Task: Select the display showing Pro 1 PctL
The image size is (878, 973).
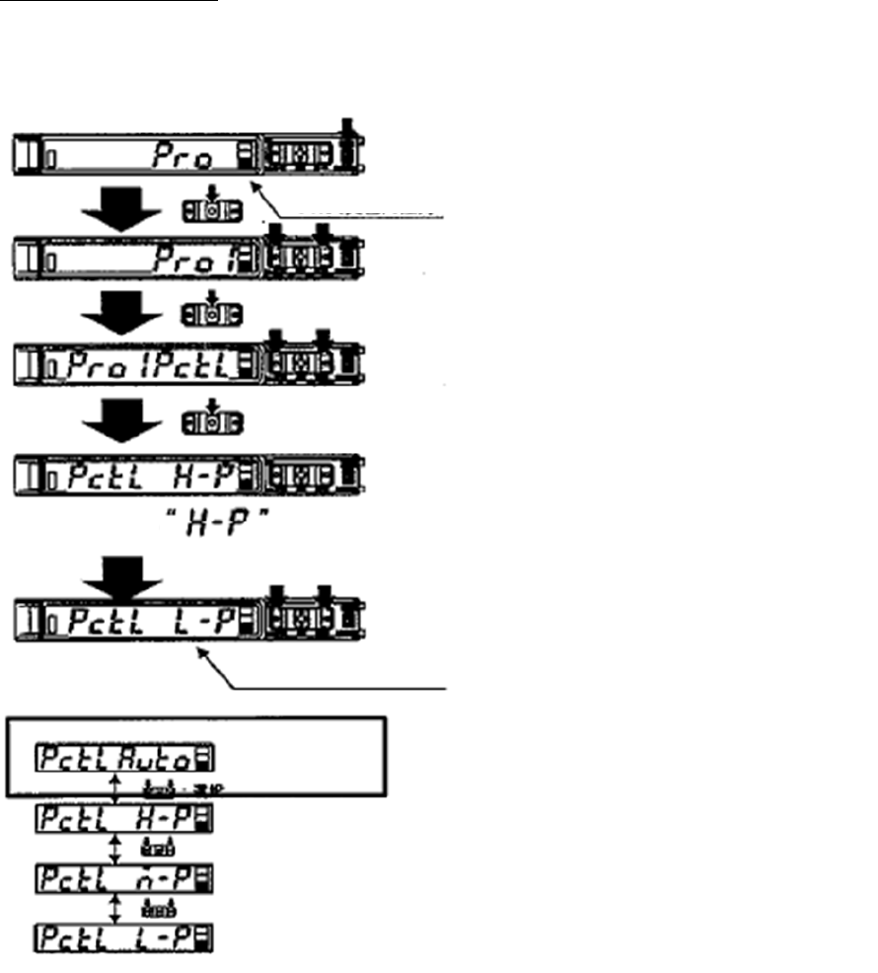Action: pos(148,367)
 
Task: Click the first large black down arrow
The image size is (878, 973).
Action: pos(118,209)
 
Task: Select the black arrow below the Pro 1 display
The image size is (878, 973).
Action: pos(118,315)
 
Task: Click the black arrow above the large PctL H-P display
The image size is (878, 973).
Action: pos(118,421)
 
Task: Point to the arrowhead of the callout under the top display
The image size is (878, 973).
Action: pos(257,185)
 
